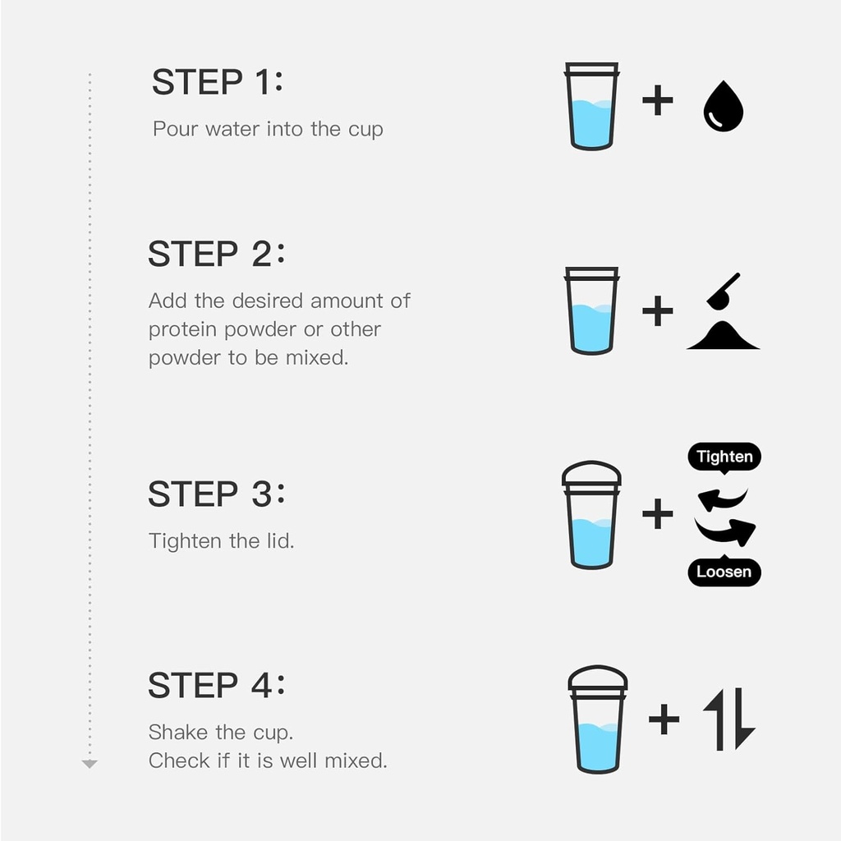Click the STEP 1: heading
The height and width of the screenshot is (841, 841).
(217, 82)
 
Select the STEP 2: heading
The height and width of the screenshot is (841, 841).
(216, 254)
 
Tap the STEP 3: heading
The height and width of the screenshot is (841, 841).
(216, 494)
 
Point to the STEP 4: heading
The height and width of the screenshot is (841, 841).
(216, 685)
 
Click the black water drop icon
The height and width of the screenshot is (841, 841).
(723, 106)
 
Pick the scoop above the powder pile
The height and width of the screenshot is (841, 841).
(723, 291)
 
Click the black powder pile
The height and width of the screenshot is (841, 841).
(723, 336)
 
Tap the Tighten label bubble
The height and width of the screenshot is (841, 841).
(724, 457)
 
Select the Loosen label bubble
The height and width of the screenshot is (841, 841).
(724, 572)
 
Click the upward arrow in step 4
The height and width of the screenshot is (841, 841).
(716, 719)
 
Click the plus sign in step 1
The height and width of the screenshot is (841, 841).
(658, 100)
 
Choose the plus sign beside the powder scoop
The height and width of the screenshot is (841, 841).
(658, 311)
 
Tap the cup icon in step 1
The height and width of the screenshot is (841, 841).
(591, 106)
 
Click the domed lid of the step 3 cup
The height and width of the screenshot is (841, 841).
(591, 473)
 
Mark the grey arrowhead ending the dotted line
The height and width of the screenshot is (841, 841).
(90, 764)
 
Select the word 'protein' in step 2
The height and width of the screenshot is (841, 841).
(183, 330)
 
